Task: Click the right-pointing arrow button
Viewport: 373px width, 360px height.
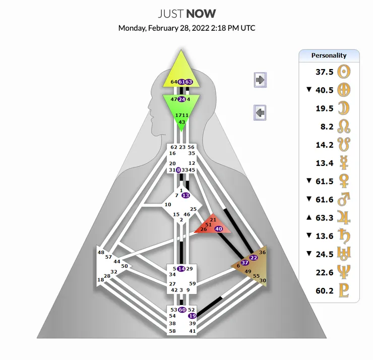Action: click(260, 79)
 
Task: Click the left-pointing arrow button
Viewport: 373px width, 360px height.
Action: click(260, 112)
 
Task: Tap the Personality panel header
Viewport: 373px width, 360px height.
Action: click(329, 55)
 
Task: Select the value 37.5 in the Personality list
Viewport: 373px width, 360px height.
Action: click(324, 72)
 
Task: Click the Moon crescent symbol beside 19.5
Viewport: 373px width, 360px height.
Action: click(345, 108)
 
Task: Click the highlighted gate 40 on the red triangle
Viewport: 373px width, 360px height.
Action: click(219, 228)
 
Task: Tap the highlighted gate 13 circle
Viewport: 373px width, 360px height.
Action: click(185, 195)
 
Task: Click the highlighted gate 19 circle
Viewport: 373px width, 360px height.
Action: click(192, 316)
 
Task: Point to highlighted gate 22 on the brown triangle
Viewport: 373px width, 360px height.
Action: click(254, 258)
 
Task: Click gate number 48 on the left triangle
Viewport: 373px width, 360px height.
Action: click(101, 252)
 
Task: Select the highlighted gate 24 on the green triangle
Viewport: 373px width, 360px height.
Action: click(182, 99)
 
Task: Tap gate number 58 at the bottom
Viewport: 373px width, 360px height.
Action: click(172, 331)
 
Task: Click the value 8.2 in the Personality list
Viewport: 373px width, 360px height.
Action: click(326, 127)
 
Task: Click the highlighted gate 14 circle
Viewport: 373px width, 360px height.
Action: click(181, 269)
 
